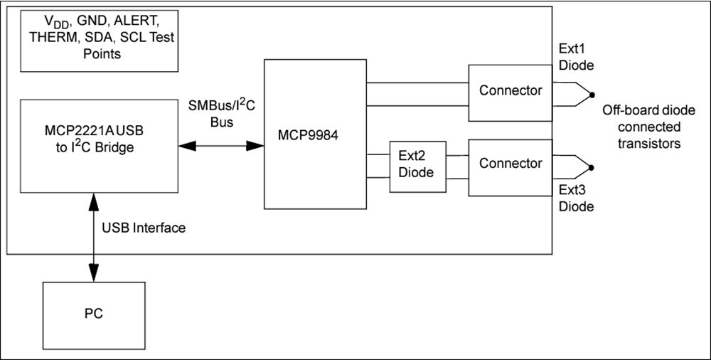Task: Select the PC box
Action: click(93, 313)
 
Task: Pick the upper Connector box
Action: click(510, 90)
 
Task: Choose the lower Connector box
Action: click(510, 164)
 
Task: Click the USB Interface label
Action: click(144, 228)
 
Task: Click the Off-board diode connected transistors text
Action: click(641, 127)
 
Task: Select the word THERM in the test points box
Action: click(51, 38)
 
